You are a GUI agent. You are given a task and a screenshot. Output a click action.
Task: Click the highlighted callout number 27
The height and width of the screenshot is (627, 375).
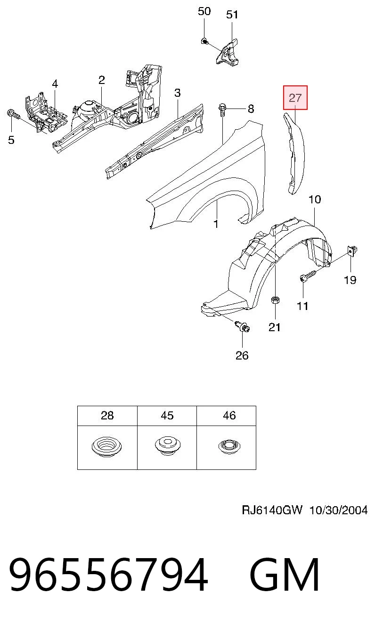295,98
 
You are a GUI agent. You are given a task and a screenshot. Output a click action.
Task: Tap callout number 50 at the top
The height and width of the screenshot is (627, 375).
204,11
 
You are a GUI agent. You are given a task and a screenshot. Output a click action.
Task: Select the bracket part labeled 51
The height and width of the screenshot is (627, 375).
228,52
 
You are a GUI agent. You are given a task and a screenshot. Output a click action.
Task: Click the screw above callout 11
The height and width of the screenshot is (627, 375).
308,275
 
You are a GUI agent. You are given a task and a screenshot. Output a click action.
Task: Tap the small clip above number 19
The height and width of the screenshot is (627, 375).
352,250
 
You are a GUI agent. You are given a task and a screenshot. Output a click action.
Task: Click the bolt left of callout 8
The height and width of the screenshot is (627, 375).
222,110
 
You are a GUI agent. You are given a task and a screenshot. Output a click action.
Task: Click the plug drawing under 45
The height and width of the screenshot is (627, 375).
167,446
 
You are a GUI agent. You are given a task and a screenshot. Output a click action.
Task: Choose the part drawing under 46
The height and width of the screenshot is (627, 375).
229,447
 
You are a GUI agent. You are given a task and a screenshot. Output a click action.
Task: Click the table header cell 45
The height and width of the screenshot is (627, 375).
167,416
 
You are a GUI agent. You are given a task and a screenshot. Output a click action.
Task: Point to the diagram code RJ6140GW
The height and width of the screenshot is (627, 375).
272,510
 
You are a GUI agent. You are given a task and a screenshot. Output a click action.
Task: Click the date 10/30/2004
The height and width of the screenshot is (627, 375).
338,510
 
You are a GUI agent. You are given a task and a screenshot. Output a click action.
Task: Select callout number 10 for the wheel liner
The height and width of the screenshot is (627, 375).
315,199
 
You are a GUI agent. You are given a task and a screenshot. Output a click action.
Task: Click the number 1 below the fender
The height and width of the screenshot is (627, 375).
216,224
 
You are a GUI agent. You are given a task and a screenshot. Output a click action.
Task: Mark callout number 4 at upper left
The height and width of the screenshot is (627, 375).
55,84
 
